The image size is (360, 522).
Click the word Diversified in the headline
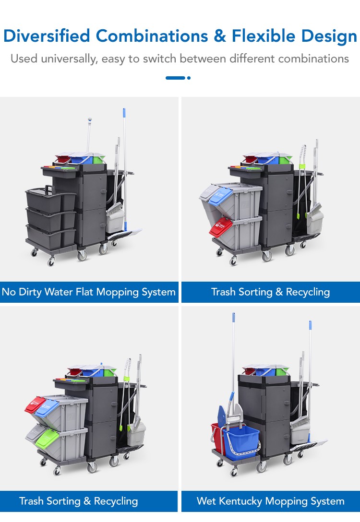47,36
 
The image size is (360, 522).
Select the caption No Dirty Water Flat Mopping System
89,292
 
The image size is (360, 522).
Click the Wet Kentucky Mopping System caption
270,501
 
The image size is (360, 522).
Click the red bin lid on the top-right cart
221,227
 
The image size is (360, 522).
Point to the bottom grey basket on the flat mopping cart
50,237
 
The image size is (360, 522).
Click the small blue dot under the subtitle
189,78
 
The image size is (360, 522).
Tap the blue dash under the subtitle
175,78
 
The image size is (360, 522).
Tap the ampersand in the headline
219,36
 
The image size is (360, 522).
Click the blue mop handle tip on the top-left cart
124,112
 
